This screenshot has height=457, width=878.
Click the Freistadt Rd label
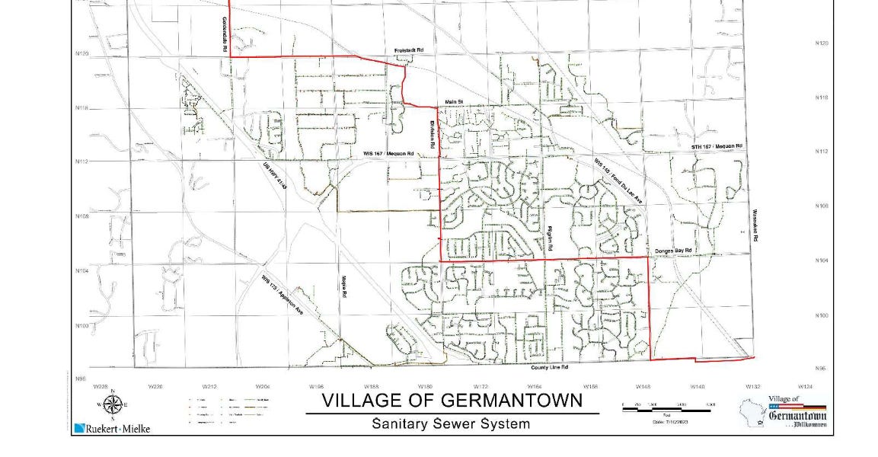click(x=408, y=50)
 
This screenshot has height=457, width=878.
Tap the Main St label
click(x=454, y=101)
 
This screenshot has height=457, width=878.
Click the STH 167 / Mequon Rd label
click(x=716, y=145)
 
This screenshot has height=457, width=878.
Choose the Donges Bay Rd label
click(x=672, y=251)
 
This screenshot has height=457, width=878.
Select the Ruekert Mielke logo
click(x=113, y=428)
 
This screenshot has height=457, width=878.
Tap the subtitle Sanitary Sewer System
click(x=451, y=423)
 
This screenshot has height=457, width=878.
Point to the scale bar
click(x=669, y=409)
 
